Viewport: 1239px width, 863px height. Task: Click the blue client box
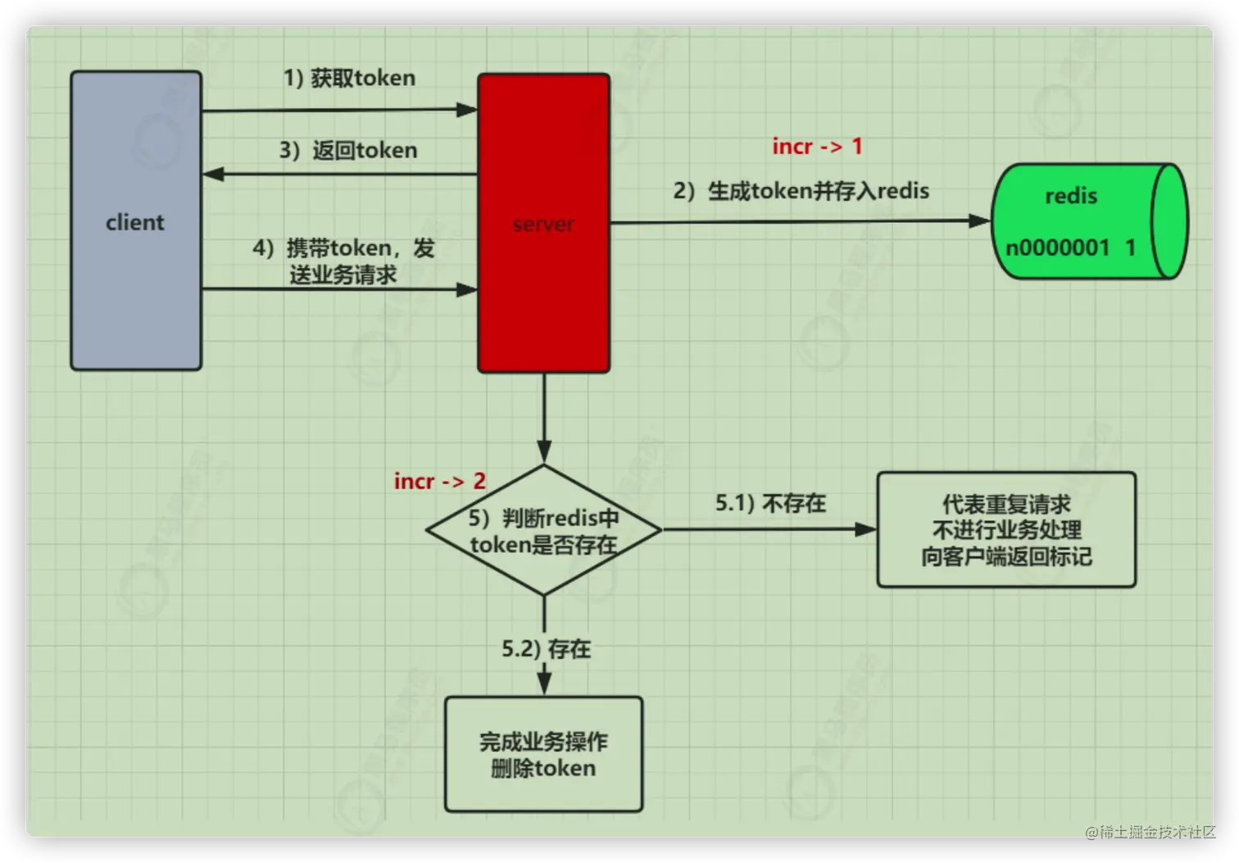(136, 221)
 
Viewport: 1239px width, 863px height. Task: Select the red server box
(543, 224)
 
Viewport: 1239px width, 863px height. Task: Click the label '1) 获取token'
(349, 78)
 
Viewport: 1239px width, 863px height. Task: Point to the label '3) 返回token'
(348, 150)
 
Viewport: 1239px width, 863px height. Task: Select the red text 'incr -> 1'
(817, 146)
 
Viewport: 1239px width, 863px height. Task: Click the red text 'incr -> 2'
(440, 481)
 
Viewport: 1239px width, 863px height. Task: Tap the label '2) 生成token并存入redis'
(801, 191)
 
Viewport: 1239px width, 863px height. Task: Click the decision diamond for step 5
(543, 530)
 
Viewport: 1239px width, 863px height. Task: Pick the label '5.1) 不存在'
(770, 502)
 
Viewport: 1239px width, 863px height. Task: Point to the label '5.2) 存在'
(546, 649)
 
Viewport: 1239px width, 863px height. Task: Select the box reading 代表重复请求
(1006, 529)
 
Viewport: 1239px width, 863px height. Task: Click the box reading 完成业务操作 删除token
(543, 754)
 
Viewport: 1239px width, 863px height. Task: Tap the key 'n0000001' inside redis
(1057, 248)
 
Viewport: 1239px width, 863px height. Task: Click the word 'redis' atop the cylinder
(1070, 196)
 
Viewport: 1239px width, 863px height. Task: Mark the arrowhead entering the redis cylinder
(979, 220)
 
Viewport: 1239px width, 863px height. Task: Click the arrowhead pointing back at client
(213, 174)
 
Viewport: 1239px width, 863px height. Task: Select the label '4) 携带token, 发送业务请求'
(343, 261)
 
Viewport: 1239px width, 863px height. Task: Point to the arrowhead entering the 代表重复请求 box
(865, 529)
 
